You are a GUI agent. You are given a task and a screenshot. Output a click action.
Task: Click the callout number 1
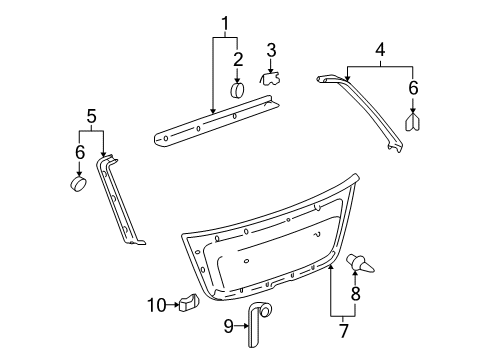(226, 23)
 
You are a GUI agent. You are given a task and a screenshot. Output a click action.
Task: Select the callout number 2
(238, 59)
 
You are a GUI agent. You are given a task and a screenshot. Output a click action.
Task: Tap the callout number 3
(271, 50)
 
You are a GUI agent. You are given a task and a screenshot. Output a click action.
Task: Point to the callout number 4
(380, 49)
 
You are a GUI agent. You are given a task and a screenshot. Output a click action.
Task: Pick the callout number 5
(91, 116)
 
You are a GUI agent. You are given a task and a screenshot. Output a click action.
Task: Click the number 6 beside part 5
(80, 152)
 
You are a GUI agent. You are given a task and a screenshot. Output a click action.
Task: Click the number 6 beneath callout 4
(413, 88)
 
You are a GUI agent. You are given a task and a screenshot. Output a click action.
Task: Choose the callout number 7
(343, 330)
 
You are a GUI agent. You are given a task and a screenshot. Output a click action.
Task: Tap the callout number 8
(356, 294)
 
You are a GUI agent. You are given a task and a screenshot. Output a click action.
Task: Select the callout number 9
(228, 326)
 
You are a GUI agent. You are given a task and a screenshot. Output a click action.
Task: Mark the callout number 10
(157, 305)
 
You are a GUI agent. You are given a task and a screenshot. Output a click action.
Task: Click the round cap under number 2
(237, 90)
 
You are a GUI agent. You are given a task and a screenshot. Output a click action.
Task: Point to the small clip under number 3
(270, 79)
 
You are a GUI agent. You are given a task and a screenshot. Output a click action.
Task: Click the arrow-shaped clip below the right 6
(413, 122)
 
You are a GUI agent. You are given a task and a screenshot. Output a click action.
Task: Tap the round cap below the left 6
(78, 184)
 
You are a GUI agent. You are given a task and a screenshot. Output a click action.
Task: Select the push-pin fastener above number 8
(360, 264)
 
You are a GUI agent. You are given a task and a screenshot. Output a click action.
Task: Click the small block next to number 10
(189, 302)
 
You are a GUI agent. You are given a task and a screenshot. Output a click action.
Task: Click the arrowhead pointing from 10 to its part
(177, 305)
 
